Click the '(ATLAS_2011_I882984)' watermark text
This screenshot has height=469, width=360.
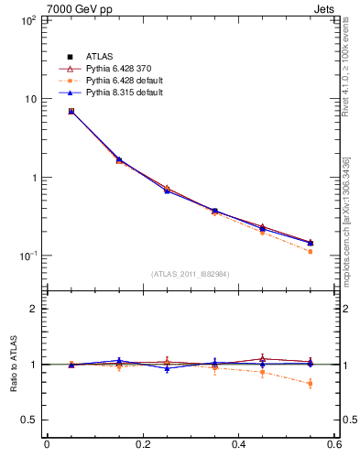(x=191, y=274)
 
